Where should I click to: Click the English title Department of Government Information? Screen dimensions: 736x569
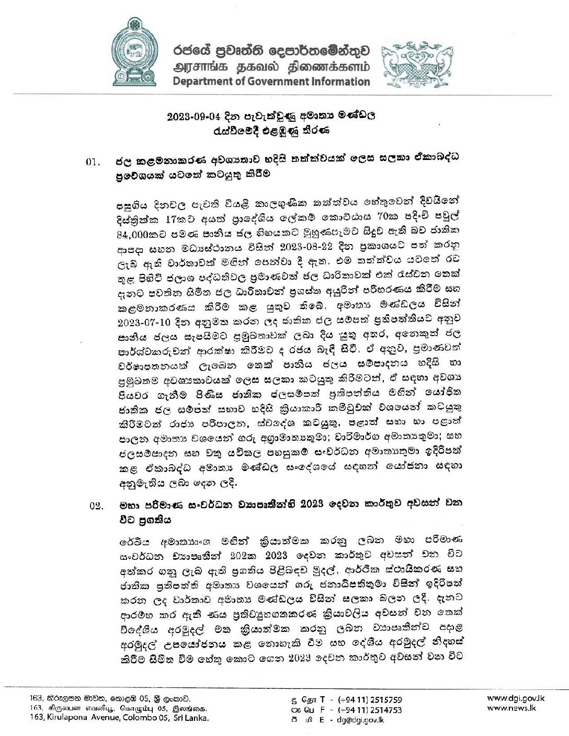pyautogui.click(x=271, y=82)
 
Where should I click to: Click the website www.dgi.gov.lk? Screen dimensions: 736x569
pyautogui.click(x=508, y=698)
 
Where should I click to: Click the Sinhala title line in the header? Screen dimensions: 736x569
pyautogui.click(x=271, y=51)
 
